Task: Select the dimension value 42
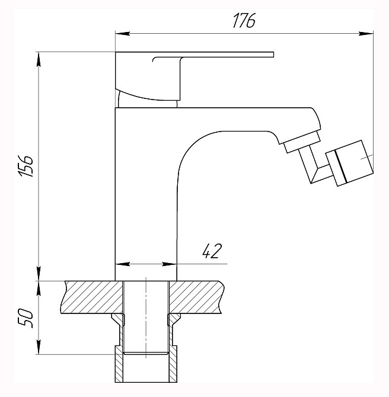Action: [x=212, y=252]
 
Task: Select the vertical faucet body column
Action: [x=145, y=196]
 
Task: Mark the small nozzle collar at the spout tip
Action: [x=301, y=142]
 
